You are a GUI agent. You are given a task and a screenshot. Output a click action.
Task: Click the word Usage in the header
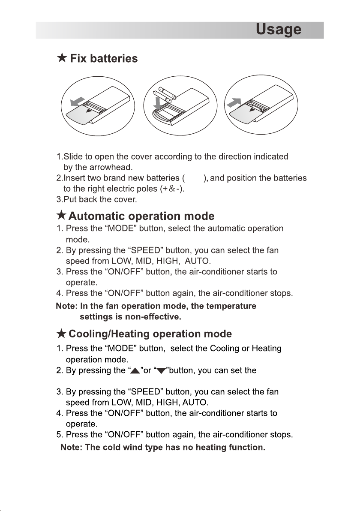tap(278, 30)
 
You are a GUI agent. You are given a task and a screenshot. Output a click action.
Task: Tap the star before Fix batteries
tap(62, 58)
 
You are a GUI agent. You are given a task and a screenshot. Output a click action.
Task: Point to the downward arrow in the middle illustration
tap(158, 102)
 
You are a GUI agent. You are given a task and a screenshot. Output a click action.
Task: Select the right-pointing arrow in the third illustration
tap(234, 102)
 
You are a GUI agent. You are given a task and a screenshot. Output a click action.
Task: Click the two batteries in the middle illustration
tap(165, 95)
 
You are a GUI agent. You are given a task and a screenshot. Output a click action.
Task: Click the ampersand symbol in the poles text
tap(172, 189)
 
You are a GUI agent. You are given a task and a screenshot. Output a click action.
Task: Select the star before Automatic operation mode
tap(61, 215)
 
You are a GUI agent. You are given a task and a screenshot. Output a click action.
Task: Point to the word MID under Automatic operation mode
tap(143, 262)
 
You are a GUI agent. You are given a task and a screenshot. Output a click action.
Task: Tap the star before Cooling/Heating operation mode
tap(61, 334)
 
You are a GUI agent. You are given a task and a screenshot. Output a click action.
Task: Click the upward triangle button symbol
tap(135, 371)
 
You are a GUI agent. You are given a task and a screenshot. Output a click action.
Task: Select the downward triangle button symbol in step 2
tap(161, 371)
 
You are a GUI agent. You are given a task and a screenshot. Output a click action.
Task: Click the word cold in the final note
tap(111, 448)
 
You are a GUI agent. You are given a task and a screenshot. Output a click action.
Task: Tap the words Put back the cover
tap(100, 199)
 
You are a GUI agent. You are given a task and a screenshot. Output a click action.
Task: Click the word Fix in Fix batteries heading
tap(78, 58)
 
